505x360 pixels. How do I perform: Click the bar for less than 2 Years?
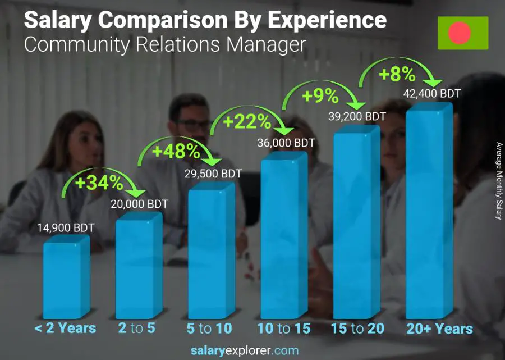tap(66, 278)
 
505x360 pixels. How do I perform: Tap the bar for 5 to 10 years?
tap(210, 253)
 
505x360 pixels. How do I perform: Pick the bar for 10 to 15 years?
tap(283, 236)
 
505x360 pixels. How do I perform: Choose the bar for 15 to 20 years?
tap(356, 225)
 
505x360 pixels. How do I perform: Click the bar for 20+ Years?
tap(428, 213)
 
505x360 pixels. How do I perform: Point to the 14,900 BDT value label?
tap(65, 227)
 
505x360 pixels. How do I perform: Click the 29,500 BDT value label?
tap(213, 174)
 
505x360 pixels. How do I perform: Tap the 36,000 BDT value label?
tap(286, 143)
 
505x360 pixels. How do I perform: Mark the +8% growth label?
tap(396, 74)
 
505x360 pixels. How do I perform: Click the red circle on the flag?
tap(460, 33)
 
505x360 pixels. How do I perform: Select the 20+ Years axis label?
tap(439, 329)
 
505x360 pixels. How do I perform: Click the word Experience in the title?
tap(327, 20)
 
